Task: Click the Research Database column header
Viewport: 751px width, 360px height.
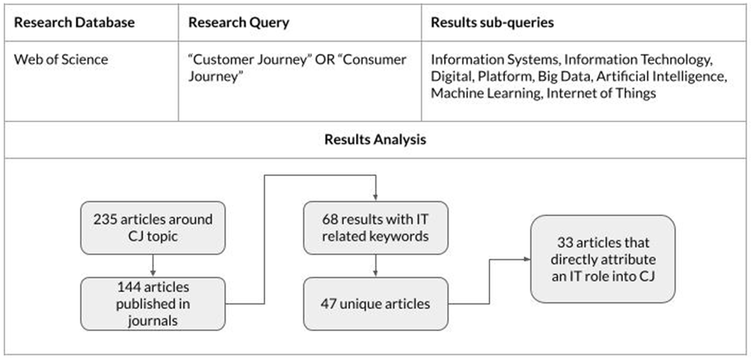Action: point(75,22)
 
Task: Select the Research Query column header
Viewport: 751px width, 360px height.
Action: point(238,22)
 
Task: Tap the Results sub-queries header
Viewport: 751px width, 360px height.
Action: point(492,22)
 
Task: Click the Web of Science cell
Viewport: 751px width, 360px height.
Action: point(61,60)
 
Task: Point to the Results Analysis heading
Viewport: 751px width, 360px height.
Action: point(375,139)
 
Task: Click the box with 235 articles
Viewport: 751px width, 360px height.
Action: point(153,227)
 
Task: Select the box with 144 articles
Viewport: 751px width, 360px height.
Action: point(153,304)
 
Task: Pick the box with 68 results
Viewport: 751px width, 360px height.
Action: point(375,227)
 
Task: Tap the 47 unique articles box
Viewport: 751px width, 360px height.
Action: point(375,304)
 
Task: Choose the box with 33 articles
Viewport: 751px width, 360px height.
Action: point(603,259)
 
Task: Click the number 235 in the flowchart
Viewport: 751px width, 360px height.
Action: point(105,220)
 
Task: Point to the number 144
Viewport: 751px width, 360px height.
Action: point(128,287)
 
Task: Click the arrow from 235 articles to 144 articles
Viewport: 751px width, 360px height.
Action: point(153,265)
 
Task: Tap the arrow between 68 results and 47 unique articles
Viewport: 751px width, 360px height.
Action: point(375,265)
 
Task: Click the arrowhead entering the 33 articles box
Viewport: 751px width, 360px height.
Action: point(527,259)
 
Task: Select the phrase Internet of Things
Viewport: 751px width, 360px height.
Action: point(601,93)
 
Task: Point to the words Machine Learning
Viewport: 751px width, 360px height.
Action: point(485,93)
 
